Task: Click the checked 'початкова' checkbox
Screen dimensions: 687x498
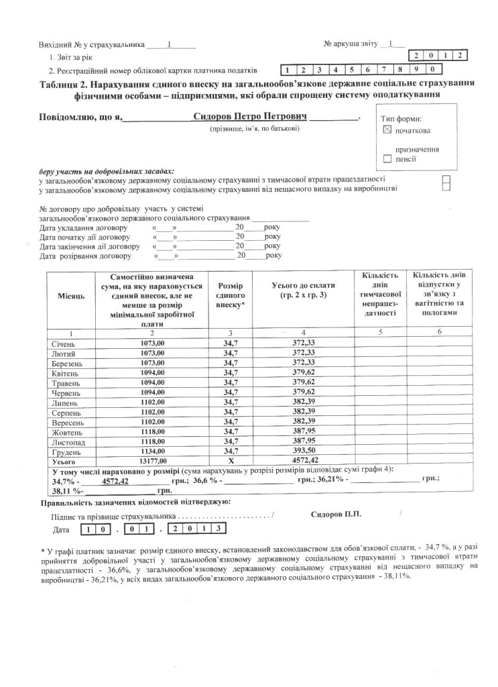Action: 387,131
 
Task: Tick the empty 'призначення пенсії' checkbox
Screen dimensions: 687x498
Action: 387,160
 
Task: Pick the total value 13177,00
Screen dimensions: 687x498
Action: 152,462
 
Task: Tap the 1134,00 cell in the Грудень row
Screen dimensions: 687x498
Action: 152,452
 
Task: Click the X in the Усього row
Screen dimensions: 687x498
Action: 229,462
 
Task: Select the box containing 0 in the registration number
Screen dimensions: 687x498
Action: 434,69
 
